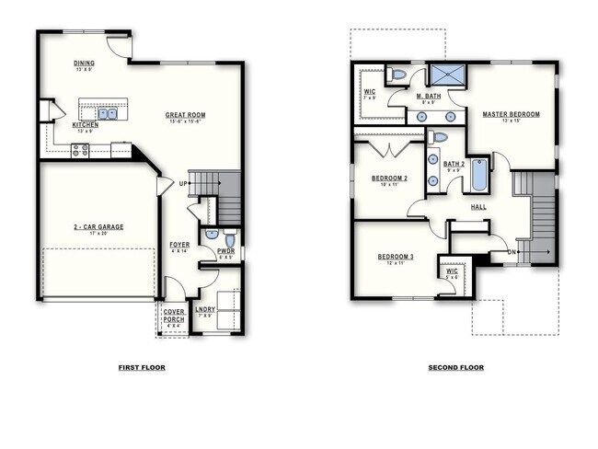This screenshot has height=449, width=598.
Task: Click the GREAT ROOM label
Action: [x=185, y=115]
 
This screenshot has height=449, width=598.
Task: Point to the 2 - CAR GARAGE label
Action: [x=98, y=226]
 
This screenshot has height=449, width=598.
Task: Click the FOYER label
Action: [x=179, y=245]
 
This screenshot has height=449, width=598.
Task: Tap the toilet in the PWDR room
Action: [x=230, y=241]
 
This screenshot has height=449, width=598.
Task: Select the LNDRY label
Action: [x=205, y=309]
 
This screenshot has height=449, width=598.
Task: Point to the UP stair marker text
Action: [x=184, y=183]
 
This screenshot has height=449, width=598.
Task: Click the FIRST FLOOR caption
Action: [x=142, y=367]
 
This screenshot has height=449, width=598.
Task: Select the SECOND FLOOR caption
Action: [x=455, y=367]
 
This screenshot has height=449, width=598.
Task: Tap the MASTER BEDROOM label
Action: [x=511, y=114]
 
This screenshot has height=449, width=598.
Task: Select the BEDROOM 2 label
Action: [x=389, y=178]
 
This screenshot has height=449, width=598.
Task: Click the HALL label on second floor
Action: [x=478, y=207]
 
